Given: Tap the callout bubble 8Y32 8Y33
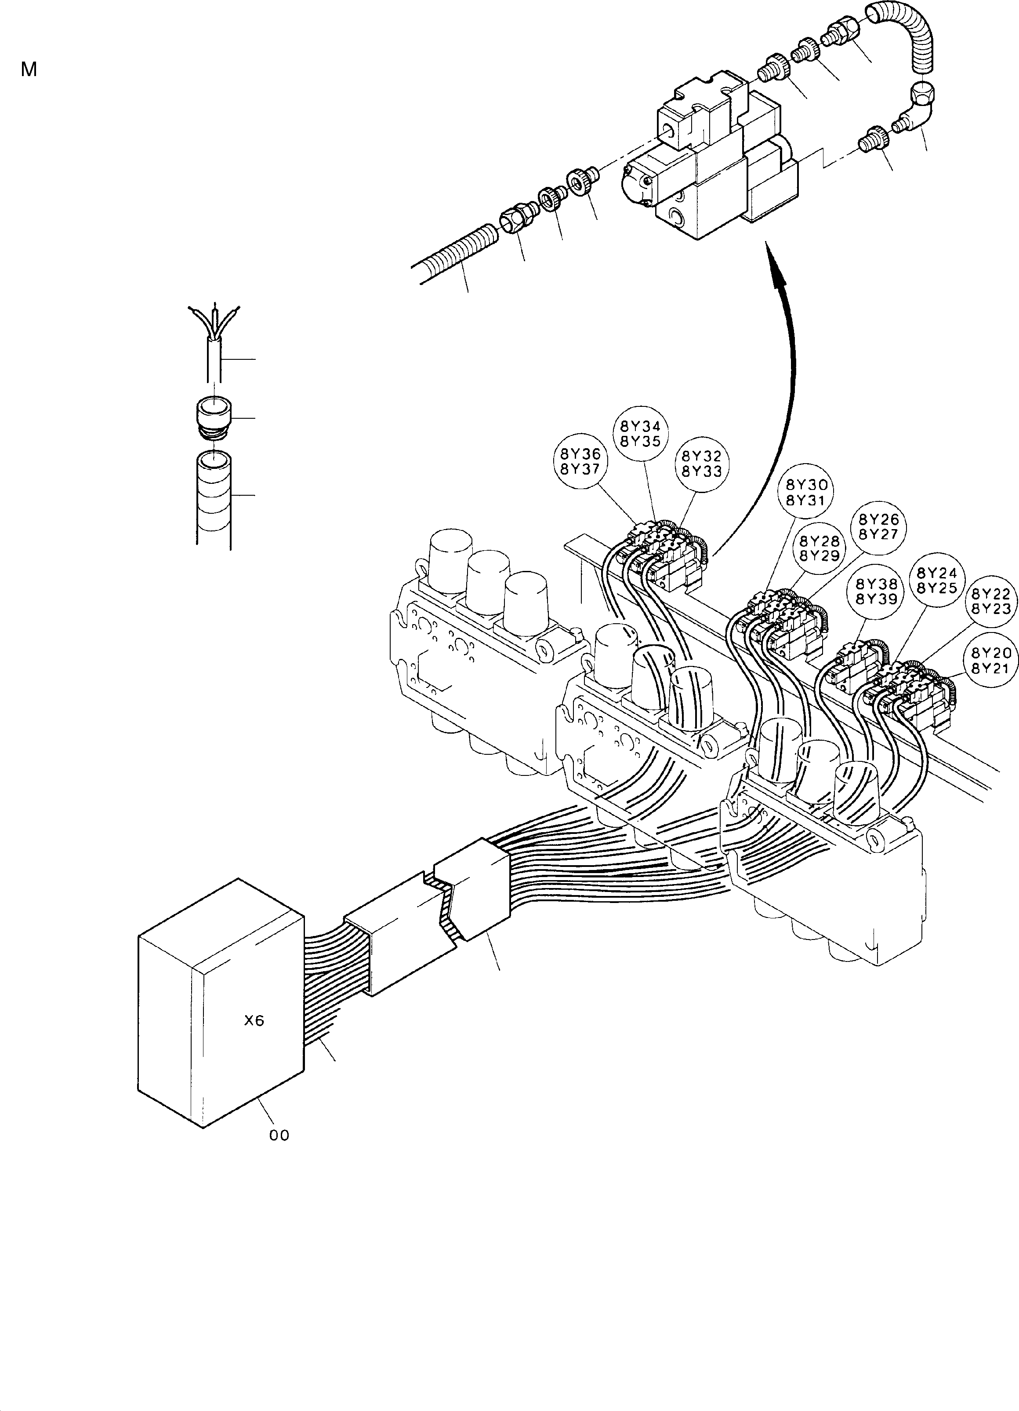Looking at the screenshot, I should pos(701,464).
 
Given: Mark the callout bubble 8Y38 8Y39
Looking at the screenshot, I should pos(876,591).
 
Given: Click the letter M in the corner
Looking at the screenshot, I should pos(29,69).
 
